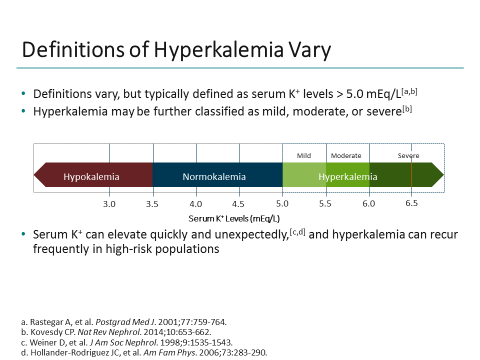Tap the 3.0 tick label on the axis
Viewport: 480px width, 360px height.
(109, 204)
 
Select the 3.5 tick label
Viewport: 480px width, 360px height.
(152, 204)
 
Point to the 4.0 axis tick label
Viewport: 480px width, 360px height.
(196, 204)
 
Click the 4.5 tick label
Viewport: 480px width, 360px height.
(238, 204)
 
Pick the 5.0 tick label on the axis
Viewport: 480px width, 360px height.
(282, 204)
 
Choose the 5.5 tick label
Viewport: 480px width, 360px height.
(325, 204)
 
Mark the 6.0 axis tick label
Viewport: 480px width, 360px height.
(369, 204)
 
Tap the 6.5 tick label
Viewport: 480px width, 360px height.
(411, 203)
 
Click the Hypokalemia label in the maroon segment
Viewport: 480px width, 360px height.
(91, 176)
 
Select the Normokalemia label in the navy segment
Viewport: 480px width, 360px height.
(214, 176)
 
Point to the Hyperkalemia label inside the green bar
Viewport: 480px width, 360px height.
(348, 176)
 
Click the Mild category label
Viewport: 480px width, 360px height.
(304, 155)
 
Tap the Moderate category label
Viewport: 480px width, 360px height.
(346, 155)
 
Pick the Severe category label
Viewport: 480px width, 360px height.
(408, 155)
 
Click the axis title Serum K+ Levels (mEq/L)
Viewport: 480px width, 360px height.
(234, 218)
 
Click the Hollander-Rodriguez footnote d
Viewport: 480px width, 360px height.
(141, 352)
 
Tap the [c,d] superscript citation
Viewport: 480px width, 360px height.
(298, 230)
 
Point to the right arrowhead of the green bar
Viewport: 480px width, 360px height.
(438, 175)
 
